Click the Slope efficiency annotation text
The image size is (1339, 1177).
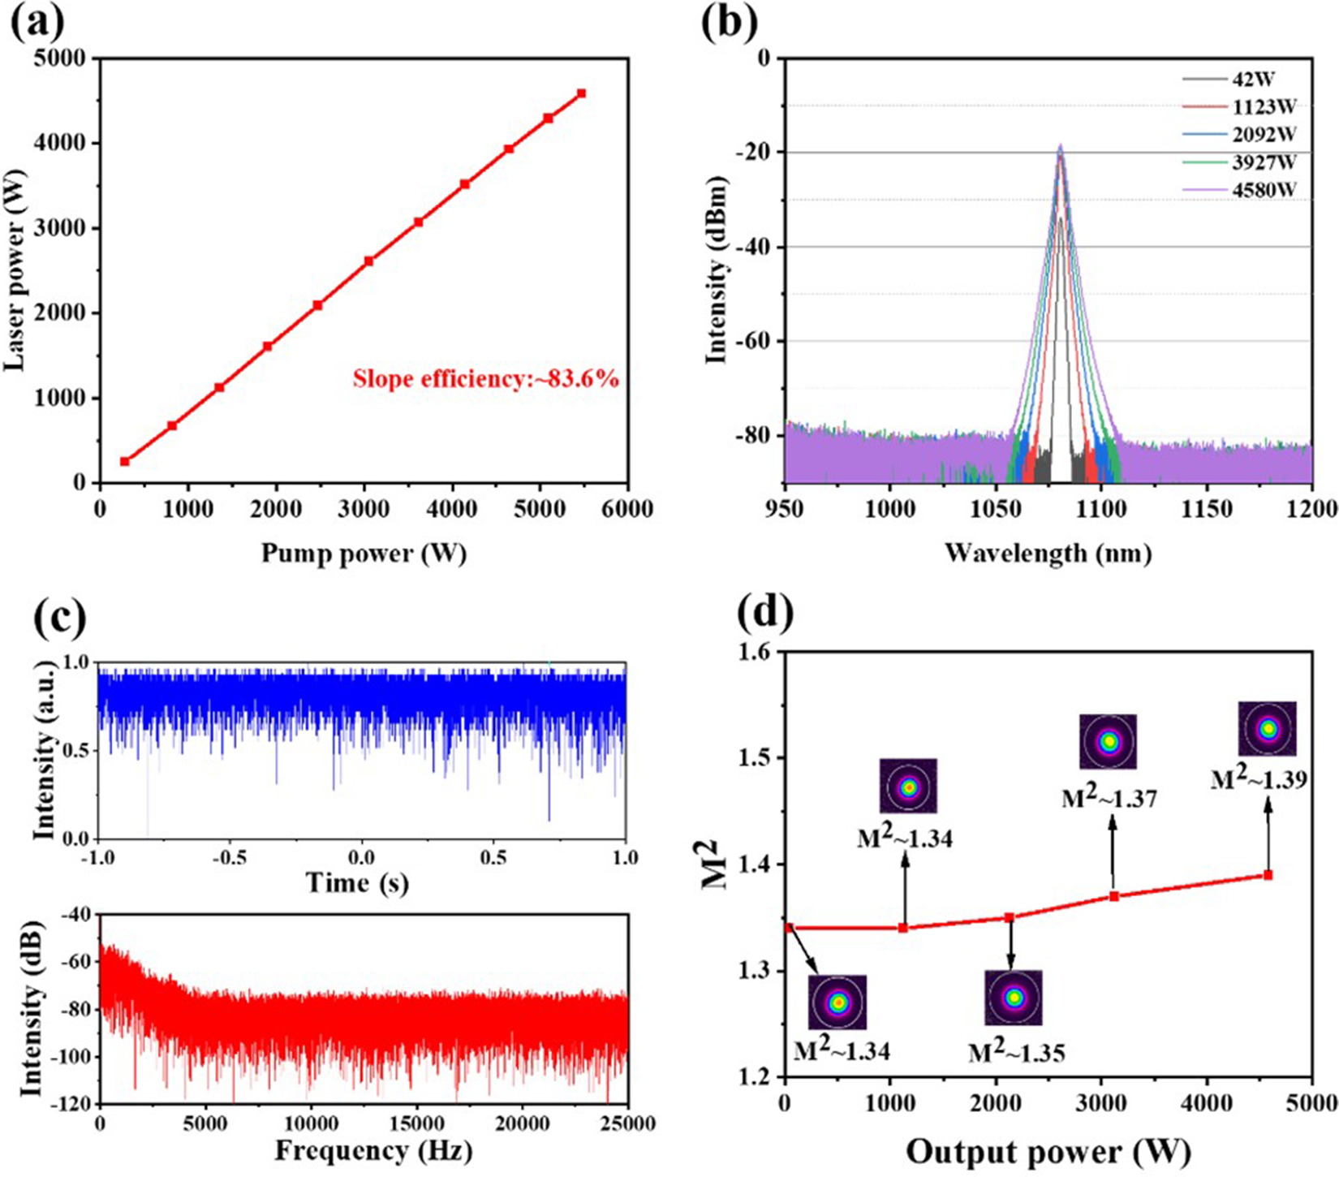(485, 378)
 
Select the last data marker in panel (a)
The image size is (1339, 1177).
(581, 93)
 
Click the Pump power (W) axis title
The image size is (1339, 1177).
(364, 554)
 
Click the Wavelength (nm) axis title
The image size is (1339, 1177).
(1048, 554)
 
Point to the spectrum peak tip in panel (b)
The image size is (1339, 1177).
(1060, 147)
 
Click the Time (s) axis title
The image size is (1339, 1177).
(357, 882)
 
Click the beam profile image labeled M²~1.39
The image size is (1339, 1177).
(1268, 729)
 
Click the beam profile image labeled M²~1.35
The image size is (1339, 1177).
(1014, 998)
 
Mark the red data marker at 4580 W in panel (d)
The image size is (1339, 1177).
(1268, 875)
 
